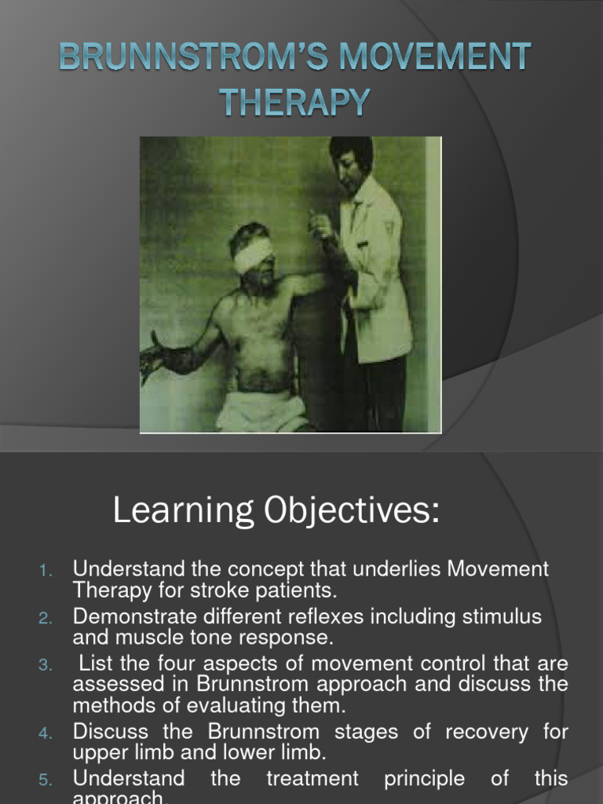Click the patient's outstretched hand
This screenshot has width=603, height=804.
click(152, 358)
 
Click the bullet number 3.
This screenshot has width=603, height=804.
click(46, 665)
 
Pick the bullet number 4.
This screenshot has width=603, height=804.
click(46, 733)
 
